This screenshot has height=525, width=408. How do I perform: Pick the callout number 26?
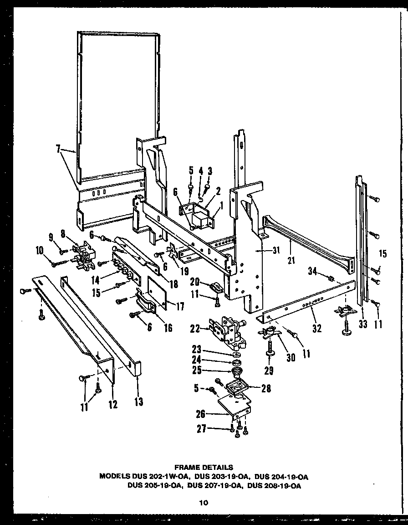pos(201,414)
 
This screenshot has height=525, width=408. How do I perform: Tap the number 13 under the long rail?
pos(138,401)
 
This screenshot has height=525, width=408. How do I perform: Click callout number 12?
pos(112,404)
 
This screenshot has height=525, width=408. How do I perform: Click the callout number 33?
pos(363,324)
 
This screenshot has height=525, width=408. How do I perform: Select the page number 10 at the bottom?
pos(203,503)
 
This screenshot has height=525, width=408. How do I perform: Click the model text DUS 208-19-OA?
pos(274,485)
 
